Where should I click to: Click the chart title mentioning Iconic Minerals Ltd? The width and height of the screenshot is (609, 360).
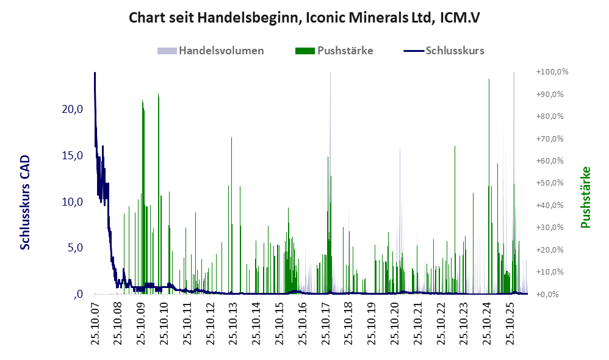click(304, 18)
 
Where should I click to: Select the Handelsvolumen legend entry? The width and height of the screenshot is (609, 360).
click(211, 51)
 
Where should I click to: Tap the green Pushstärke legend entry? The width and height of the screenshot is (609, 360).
click(334, 51)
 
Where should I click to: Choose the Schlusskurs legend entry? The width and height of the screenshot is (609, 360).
click(444, 51)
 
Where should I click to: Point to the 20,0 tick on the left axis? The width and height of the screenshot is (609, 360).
click(72, 109)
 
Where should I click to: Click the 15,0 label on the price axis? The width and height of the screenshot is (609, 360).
click(72, 156)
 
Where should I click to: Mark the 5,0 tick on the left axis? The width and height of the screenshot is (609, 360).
click(75, 248)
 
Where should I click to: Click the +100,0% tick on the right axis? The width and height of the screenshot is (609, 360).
click(552, 72)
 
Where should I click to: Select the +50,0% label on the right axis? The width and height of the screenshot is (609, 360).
click(550, 183)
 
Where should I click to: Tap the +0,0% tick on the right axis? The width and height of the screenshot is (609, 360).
click(547, 294)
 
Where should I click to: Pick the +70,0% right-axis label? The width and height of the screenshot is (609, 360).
click(550, 139)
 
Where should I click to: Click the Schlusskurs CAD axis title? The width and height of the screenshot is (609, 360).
click(25, 203)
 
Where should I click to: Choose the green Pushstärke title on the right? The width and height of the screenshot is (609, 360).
click(586, 197)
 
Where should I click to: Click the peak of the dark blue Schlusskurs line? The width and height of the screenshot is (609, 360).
click(95, 73)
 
